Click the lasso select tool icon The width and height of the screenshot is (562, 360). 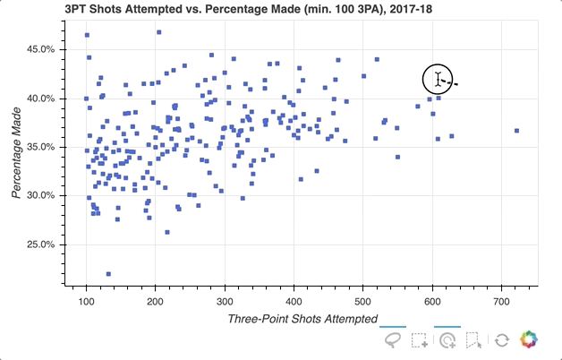(392, 340)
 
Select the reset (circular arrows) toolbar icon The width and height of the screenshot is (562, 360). (502, 340)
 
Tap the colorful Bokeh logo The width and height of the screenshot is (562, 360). (530, 340)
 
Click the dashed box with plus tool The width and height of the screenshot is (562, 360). (420, 340)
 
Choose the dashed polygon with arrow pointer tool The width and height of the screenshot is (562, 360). (474, 340)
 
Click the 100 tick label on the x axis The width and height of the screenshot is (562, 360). (86, 300)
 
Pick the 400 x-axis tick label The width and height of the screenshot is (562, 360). (294, 300)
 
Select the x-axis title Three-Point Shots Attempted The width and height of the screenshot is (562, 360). (302, 319)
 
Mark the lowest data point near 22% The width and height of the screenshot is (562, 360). (108, 274)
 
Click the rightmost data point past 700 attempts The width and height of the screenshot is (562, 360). (516, 131)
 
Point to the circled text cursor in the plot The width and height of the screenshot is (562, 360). (438, 80)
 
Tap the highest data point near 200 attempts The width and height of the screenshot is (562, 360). (158, 32)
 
